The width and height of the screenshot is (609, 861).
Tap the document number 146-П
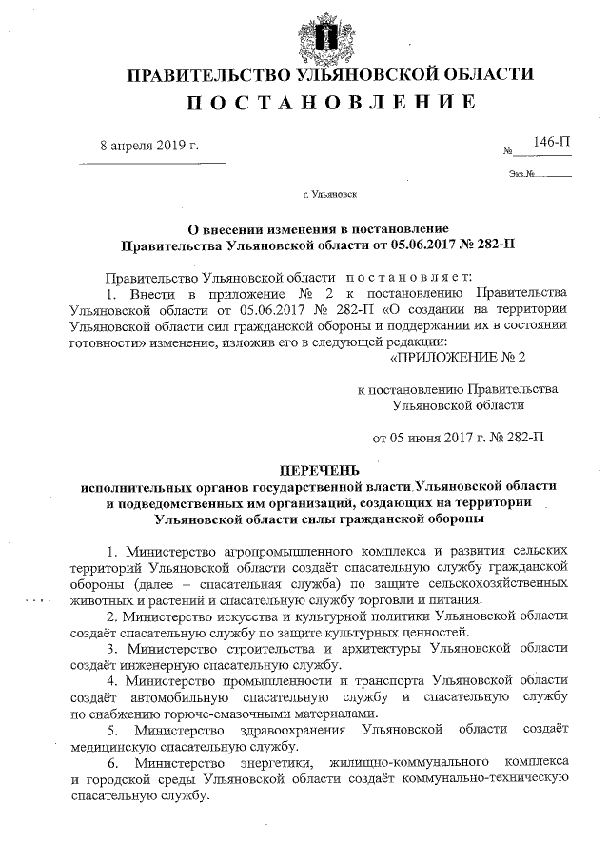pos(552,142)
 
